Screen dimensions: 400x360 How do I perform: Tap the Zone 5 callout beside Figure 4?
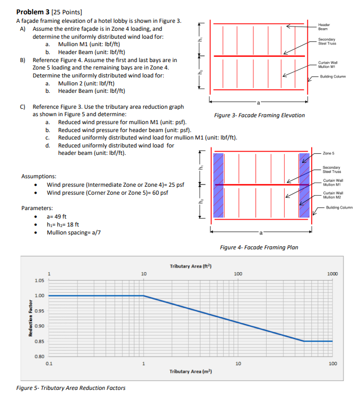pos(329,153)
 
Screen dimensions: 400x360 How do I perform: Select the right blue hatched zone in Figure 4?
pos(304,185)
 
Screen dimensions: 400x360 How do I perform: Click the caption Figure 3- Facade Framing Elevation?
pos(259,115)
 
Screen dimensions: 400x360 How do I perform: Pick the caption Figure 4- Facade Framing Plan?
pos(259,247)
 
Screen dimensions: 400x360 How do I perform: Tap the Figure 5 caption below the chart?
pos(71,388)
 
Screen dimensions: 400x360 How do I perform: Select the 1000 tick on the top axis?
pos(332,274)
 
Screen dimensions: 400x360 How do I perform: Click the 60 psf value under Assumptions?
pos(160,193)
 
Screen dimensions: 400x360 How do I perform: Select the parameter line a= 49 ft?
pos(57,216)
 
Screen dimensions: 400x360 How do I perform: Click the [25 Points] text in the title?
pos(69,11)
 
